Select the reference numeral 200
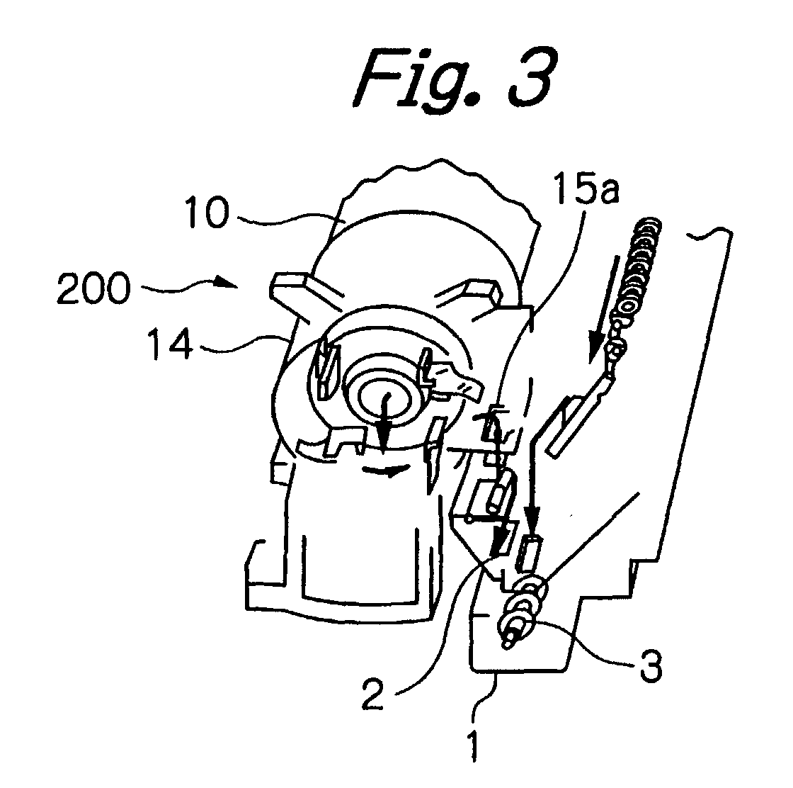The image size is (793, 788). [93, 288]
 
